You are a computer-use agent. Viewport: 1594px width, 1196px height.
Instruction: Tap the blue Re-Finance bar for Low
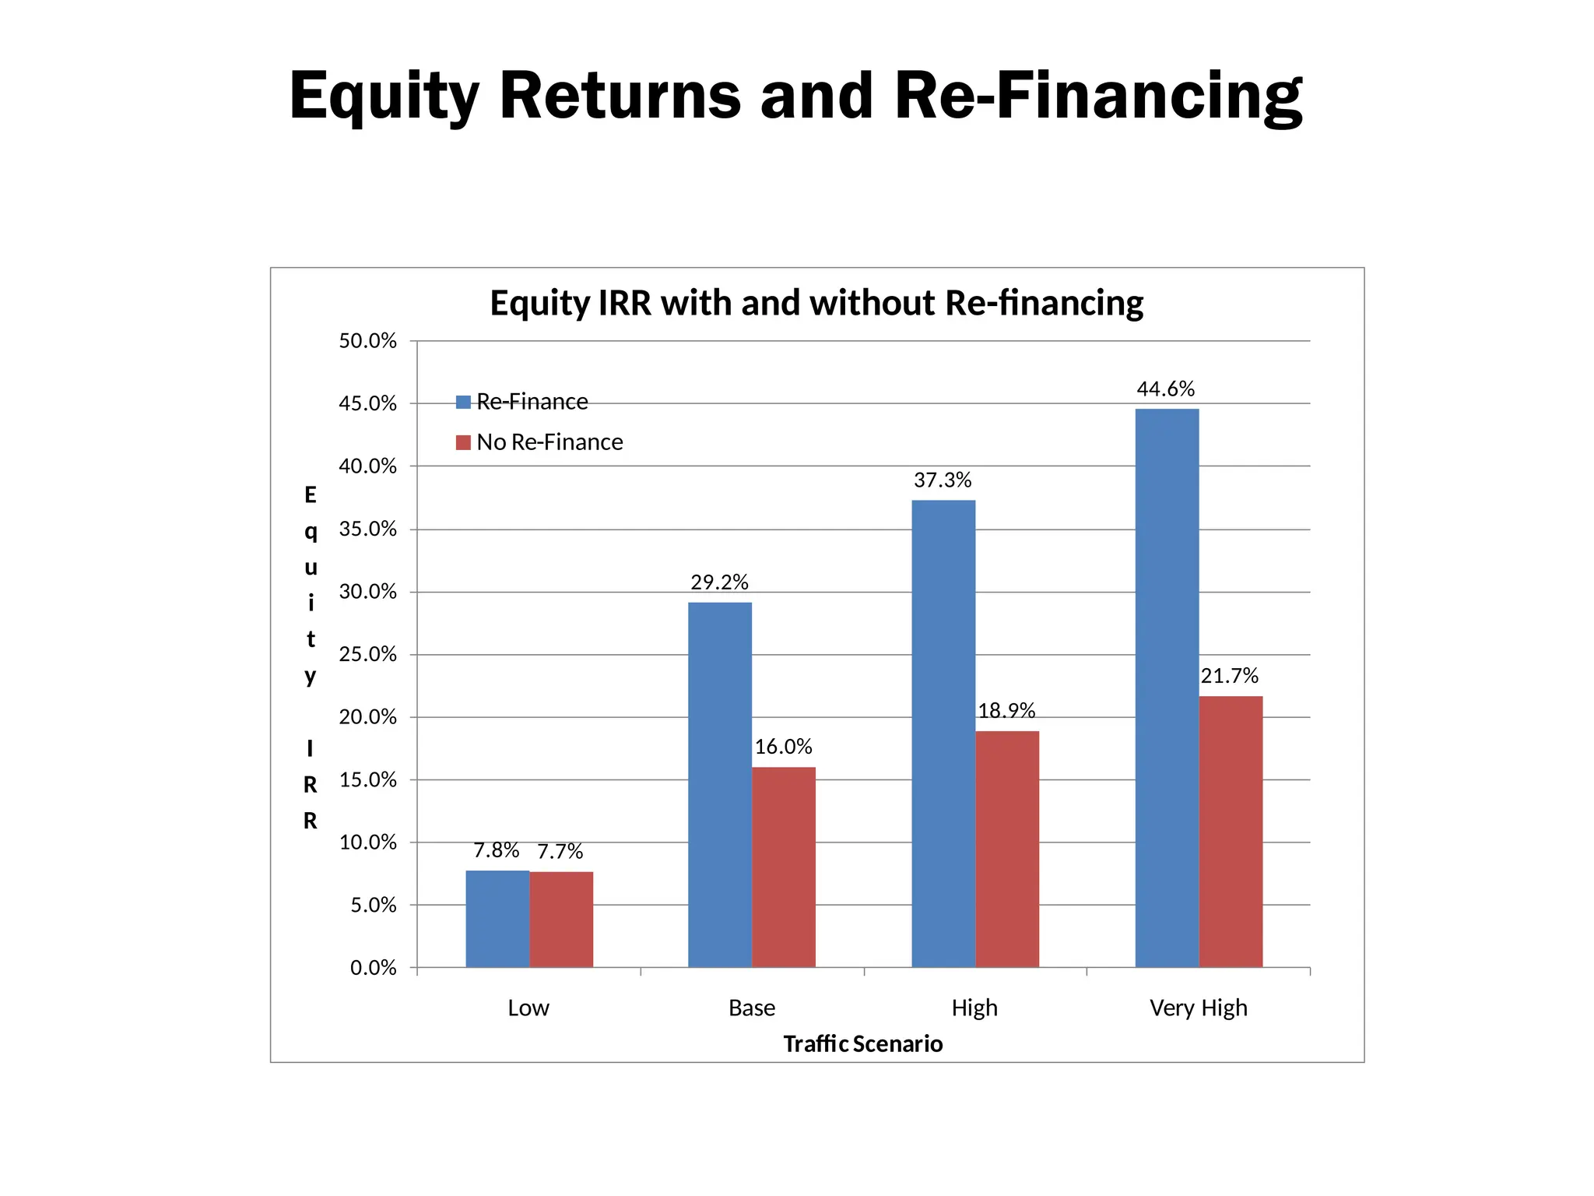tap(497, 919)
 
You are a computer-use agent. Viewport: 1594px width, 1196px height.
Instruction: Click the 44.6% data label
tap(1165, 389)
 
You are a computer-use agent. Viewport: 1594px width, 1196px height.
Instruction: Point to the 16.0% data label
tap(783, 747)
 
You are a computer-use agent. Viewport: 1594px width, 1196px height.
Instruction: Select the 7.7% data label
tap(560, 852)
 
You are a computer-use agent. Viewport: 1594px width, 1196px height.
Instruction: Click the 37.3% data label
tap(943, 480)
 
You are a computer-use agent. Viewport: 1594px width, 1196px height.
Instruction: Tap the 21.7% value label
tap(1229, 676)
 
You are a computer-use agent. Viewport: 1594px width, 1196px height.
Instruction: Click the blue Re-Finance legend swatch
tap(463, 402)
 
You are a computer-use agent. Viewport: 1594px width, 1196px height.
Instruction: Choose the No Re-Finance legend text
tap(549, 442)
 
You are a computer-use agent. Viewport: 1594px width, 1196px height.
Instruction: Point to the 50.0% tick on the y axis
tap(367, 341)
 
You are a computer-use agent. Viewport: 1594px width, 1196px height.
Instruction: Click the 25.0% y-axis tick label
tap(367, 654)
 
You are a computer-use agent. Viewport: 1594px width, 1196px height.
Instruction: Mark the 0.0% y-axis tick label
tap(373, 968)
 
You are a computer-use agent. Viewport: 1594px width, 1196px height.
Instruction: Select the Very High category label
tap(1198, 1008)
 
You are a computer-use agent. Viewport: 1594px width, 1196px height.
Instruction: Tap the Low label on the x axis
tap(528, 1008)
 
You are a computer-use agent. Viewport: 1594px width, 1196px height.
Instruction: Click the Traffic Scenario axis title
tap(862, 1043)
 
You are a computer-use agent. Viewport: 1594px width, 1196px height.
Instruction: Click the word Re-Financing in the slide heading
tap(1098, 96)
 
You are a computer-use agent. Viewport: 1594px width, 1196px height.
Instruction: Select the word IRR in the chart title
tap(624, 303)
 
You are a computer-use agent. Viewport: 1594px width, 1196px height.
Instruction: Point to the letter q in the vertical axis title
tap(311, 532)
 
